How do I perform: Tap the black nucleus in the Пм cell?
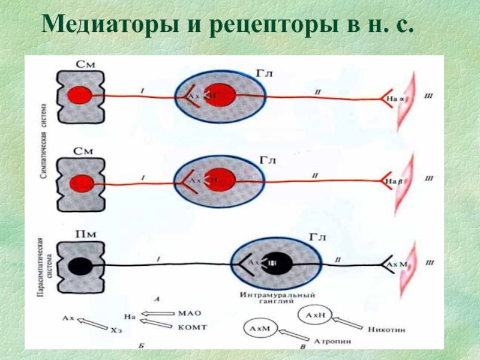point(79,265)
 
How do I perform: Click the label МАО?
point(189,313)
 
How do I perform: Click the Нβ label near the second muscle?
point(391,179)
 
